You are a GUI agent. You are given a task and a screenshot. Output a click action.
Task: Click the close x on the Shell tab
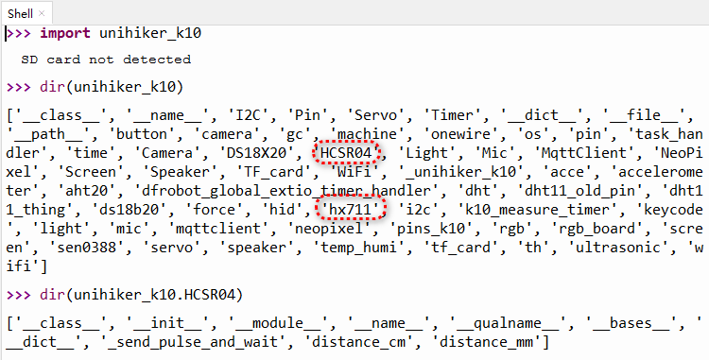(x=42, y=13)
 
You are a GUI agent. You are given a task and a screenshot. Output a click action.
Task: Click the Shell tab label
(x=21, y=13)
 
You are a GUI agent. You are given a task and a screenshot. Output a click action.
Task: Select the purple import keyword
(x=65, y=33)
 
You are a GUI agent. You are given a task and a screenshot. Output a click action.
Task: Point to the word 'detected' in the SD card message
(x=157, y=60)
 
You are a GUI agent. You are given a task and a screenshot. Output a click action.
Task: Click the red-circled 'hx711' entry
(x=350, y=210)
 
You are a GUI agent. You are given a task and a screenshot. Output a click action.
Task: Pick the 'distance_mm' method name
(x=488, y=342)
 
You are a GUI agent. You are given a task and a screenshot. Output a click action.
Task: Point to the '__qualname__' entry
(x=507, y=323)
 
